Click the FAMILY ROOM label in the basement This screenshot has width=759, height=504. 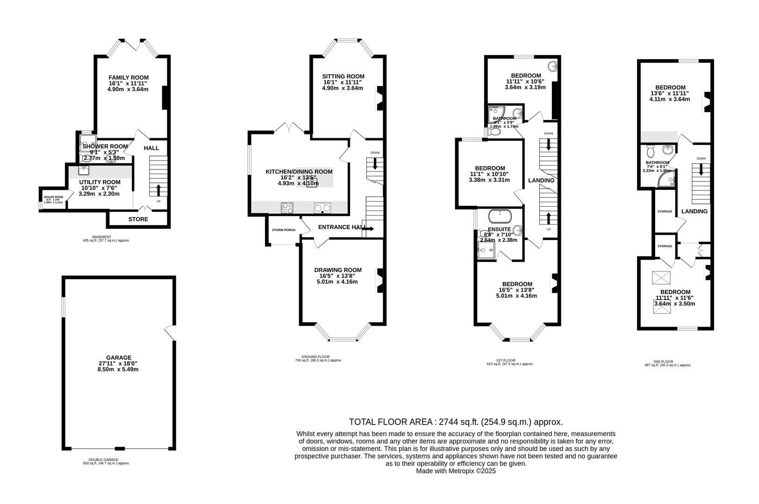tap(129, 77)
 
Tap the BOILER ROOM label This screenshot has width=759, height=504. tap(53, 197)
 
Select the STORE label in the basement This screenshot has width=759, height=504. tap(138, 219)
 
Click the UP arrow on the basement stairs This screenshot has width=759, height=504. tap(158, 190)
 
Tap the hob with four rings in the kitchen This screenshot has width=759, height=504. tap(287, 208)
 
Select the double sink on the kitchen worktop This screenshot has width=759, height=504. tap(322, 208)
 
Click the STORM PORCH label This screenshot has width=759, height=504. tap(284, 230)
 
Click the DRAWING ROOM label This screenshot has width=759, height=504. tap(337, 270)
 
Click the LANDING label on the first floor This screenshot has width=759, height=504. tap(541, 180)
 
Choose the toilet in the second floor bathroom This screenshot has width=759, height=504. tap(650, 151)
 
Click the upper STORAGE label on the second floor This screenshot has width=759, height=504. tap(665, 211)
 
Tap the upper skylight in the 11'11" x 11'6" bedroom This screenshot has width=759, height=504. tap(661, 279)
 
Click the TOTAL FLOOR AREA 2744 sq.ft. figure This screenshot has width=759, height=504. tap(456, 422)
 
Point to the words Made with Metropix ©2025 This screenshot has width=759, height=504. tap(456, 471)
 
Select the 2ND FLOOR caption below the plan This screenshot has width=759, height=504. tap(667, 361)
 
